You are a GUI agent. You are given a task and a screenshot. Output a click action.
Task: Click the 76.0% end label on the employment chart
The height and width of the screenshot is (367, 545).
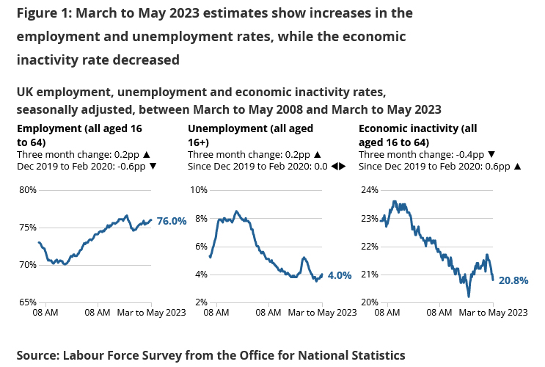click(x=172, y=221)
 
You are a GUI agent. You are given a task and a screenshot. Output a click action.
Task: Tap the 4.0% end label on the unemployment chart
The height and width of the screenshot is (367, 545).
click(x=339, y=276)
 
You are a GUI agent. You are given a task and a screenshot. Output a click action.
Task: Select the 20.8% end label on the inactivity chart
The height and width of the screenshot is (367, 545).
click(x=513, y=280)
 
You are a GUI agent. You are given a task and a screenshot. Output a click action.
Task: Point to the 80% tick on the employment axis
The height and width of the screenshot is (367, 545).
click(x=27, y=190)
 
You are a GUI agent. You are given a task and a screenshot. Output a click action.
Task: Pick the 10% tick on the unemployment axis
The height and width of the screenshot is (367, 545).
click(x=198, y=190)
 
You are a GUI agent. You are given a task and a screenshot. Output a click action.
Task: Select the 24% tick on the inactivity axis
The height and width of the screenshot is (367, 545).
click(x=369, y=190)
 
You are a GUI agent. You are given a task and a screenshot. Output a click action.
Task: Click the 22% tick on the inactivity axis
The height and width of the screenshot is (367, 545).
click(x=369, y=247)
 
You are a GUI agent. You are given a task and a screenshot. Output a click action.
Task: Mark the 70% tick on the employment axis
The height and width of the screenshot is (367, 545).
click(x=27, y=265)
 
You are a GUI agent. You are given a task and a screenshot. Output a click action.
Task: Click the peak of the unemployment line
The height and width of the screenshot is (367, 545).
click(x=235, y=211)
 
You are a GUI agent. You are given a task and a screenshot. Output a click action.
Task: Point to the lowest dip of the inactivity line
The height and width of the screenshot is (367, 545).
click(x=469, y=296)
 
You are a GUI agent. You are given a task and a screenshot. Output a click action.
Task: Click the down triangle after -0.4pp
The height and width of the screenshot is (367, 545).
click(x=491, y=155)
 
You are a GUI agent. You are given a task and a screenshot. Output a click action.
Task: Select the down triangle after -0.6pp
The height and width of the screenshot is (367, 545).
click(x=152, y=167)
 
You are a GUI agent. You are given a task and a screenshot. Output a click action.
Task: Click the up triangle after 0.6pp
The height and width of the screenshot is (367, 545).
click(x=517, y=167)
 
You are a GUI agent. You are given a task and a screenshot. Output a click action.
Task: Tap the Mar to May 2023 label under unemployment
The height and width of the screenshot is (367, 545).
click(x=322, y=313)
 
